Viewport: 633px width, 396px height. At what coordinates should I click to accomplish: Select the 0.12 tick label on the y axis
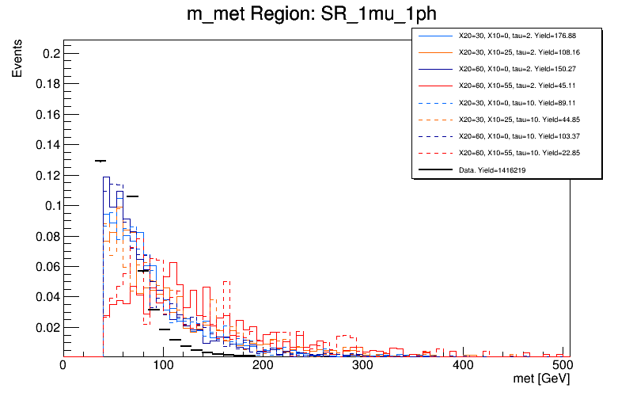point(46,175)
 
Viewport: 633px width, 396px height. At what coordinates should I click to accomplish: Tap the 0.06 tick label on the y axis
point(46,266)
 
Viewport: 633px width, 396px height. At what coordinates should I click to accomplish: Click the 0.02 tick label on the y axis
point(46,327)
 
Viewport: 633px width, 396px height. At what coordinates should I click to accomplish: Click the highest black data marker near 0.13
point(100,161)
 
